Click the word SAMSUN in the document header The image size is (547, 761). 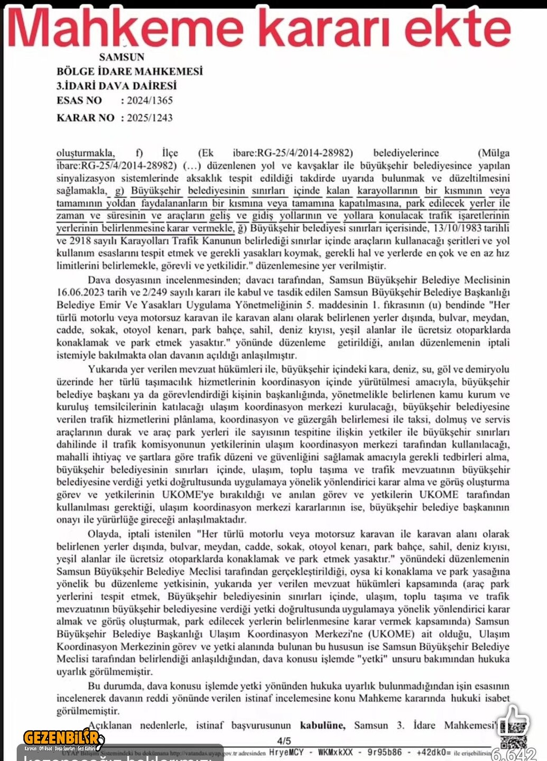click(122, 57)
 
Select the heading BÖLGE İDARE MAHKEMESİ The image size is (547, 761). click(129, 71)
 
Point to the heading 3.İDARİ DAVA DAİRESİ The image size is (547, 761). click(116, 86)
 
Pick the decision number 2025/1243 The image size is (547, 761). click(150, 117)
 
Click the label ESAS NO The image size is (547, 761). click(79, 100)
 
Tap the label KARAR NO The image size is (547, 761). click(86, 117)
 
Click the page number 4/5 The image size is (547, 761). click(284, 741)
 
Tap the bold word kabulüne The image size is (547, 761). click(322, 726)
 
